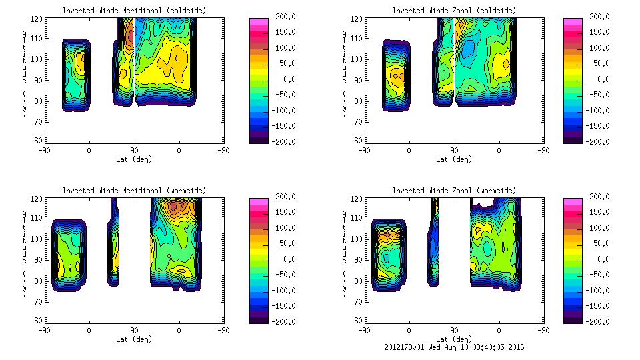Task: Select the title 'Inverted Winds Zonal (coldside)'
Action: click(454, 11)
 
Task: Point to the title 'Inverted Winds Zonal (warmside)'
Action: click(454, 191)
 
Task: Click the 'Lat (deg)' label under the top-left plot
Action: click(134, 159)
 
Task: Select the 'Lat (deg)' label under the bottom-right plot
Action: click(454, 339)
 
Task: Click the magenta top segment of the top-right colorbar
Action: click(572, 22)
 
